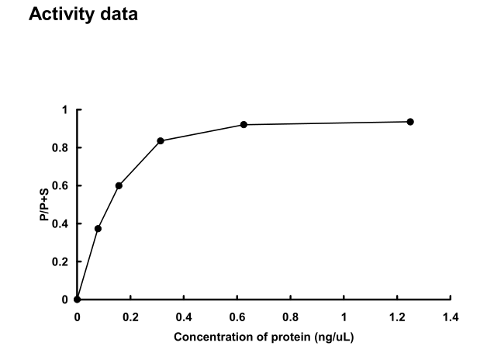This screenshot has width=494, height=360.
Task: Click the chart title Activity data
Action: tap(83, 15)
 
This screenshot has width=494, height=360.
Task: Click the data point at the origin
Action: tap(77, 299)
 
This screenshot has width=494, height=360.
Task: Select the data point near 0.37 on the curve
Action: tap(98, 228)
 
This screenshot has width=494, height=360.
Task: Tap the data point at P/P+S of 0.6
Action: tap(119, 185)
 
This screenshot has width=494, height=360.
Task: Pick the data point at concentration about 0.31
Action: tap(161, 140)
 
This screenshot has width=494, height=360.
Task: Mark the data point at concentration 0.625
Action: tap(244, 124)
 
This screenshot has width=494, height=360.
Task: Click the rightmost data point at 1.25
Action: tap(410, 122)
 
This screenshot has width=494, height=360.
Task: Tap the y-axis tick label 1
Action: tap(65, 110)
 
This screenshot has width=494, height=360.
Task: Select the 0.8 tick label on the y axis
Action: tap(61, 148)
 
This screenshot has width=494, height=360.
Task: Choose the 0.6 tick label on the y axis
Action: tap(61, 186)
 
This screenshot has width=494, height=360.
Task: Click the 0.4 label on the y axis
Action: tap(61, 224)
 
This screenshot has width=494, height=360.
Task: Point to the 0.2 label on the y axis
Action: tap(61, 262)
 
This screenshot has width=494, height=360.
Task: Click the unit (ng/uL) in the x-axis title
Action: tap(330, 337)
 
